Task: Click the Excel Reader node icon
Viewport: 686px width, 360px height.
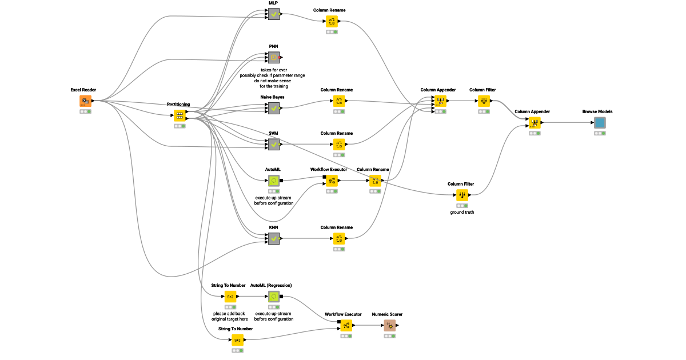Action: (x=85, y=101)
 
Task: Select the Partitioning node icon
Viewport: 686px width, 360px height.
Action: (x=180, y=115)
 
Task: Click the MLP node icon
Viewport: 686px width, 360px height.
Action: (x=274, y=14)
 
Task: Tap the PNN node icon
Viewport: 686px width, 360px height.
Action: (x=274, y=57)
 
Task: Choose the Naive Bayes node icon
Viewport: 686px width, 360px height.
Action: (x=274, y=108)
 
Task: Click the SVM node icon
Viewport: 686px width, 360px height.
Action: (x=274, y=144)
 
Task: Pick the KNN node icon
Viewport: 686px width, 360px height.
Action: (x=274, y=238)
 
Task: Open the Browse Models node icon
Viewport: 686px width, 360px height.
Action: (x=600, y=123)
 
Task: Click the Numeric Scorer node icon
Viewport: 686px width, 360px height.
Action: (x=390, y=326)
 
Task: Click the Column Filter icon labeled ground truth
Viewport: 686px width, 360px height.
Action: (x=462, y=195)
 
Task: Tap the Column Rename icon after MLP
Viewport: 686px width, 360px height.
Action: (x=332, y=22)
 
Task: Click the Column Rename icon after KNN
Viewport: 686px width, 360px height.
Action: (x=339, y=238)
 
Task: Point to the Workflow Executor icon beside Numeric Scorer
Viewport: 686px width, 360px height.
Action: (x=346, y=326)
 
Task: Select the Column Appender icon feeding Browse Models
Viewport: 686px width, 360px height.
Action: (x=535, y=123)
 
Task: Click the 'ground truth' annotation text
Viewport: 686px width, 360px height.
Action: (x=462, y=212)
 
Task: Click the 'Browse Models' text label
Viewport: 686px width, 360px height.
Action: (x=597, y=112)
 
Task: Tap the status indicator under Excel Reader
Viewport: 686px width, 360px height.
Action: (x=85, y=111)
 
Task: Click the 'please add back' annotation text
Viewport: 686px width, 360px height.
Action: (x=229, y=313)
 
